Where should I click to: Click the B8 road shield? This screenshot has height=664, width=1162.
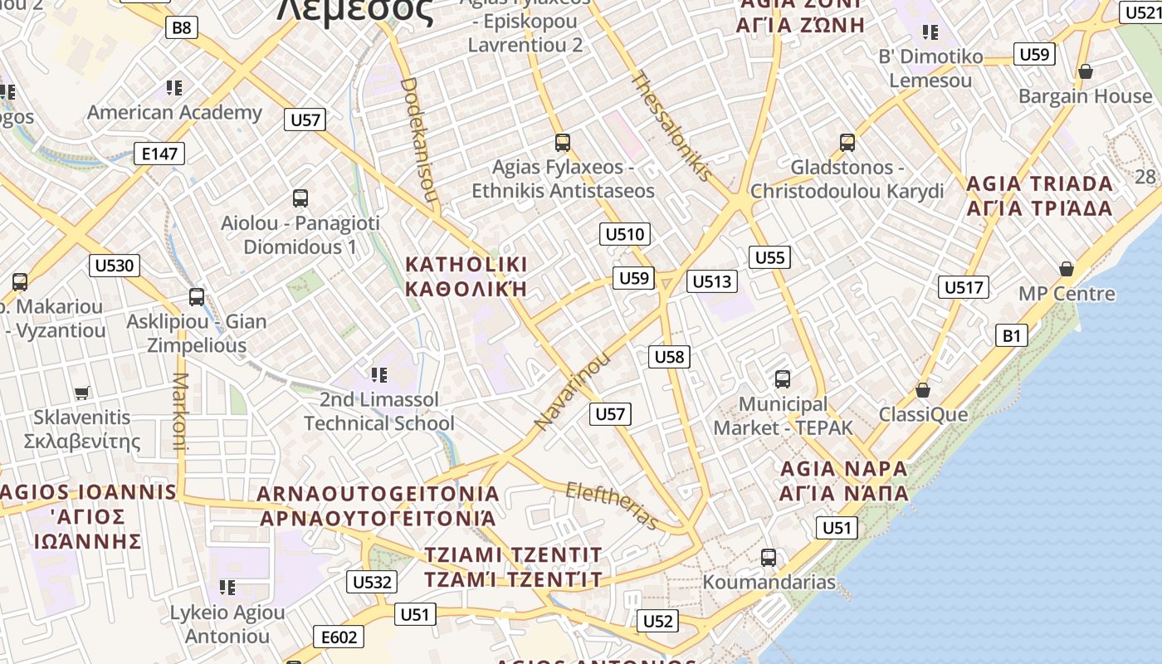coord(181,27)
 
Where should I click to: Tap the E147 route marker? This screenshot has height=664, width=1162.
coord(159,153)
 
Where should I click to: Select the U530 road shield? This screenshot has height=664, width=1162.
coord(115,266)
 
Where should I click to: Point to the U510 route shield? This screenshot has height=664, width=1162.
coord(624,234)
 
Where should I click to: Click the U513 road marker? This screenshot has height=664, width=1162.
coord(711,281)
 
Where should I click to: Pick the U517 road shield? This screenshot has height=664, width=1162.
coord(963,287)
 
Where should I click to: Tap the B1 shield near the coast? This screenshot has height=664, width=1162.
coord(1011,335)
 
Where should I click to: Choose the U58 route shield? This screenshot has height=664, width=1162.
coord(669,357)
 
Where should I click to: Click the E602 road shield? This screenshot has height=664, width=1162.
coord(339,637)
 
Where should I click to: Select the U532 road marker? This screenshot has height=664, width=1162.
coord(371,582)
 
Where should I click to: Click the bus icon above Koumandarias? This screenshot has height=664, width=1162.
coord(769,557)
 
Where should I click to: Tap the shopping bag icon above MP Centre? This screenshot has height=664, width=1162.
coord(1067,269)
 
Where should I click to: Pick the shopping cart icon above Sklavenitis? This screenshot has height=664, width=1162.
coord(81,393)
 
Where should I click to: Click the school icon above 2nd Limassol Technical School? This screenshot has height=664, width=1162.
coord(379,375)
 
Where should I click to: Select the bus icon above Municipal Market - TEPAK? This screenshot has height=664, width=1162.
coord(782,379)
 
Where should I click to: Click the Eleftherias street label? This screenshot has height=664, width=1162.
coord(613,505)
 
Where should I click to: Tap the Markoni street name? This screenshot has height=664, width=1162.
coord(181,411)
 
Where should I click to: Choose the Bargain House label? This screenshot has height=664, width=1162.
coord(1085,96)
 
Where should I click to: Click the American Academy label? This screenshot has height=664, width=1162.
coord(174,112)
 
